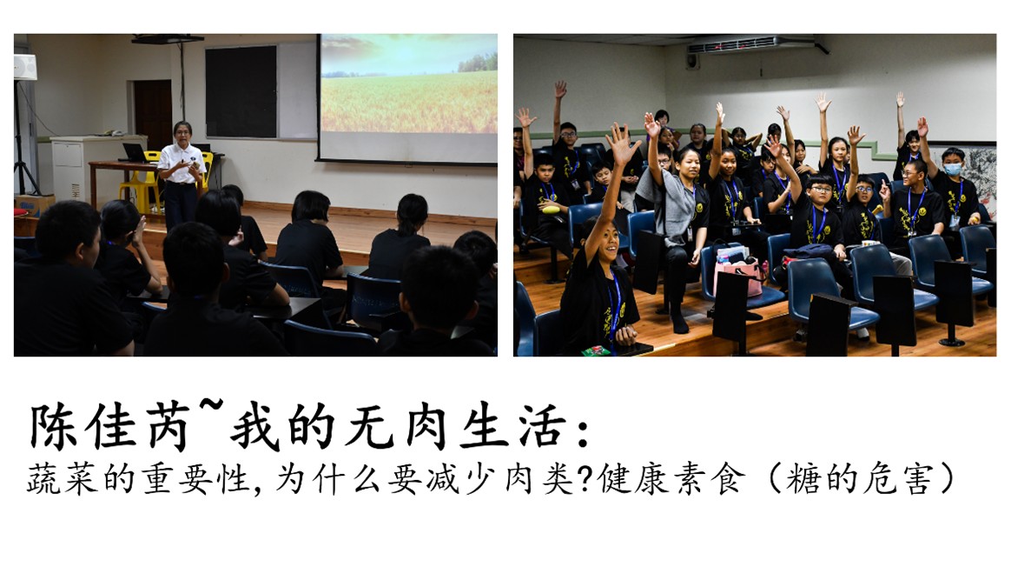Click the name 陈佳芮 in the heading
click(110, 427)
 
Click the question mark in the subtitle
click(585, 480)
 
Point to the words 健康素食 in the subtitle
click(671, 480)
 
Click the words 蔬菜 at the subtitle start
click(63, 480)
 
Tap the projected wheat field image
click(409, 84)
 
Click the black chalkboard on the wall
click(241, 91)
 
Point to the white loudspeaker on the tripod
click(25, 67)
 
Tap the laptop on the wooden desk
click(135, 153)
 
